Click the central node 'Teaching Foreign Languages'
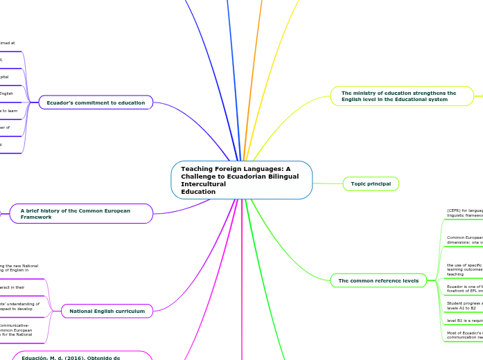pos(241,180)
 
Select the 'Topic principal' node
pos(371,183)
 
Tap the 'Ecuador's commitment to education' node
pos(96,102)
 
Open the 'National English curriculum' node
pos(107,312)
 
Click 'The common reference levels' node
pos(378,280)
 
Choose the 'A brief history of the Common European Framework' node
pos(81,213)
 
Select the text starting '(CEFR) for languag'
pos(465,210)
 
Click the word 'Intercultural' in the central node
pos(204,184)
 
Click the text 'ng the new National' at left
pos(19,266)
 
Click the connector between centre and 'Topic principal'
pos(327,183)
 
